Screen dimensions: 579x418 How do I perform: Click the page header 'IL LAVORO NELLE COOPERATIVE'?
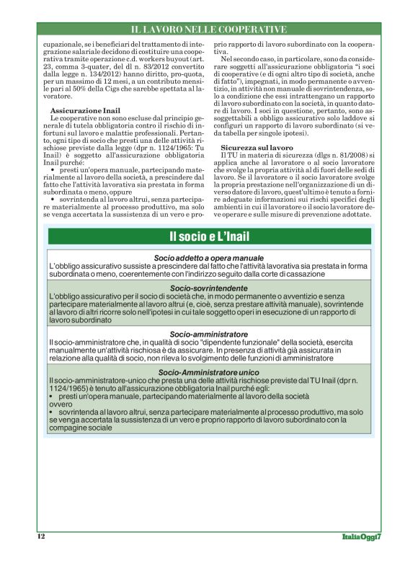pyautogui.click(x=209, y=29)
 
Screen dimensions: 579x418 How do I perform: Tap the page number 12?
pyautogui.click(x=41, y=537)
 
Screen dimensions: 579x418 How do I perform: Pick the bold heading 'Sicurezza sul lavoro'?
pyautogui.click(x=254, y=146)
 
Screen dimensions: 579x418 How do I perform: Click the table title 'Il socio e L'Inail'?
pyautogui.click(x=209, y=237)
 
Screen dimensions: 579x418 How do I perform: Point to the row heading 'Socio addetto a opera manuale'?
pyautogui.click(x=209, y=257)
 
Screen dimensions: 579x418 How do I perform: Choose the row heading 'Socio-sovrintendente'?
pyautogui.click(x=209, y=288)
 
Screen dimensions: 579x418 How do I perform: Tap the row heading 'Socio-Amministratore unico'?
pyautogui.click(x=209, y=371)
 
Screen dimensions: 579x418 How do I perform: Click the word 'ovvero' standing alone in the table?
pyautogui.click(x=61, y=404)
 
